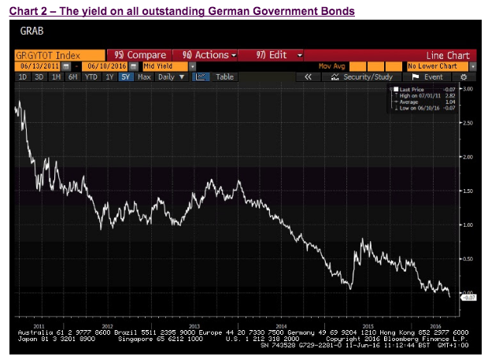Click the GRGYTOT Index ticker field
click(x=48, y=55)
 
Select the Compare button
click(x=140, y=55)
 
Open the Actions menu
click(x=209, y=55)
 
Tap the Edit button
click(x=275, y=55)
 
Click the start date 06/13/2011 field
click(x=37, y=66)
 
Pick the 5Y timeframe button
click(x=125, y=76)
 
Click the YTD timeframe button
click(x=92, y=76)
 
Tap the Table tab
click(x=225, y=76)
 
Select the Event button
click(x=433, y=76)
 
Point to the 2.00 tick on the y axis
click(x=468, y=157)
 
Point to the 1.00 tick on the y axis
click(x=468, y=225)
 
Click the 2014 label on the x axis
click(x=281, y=325)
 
